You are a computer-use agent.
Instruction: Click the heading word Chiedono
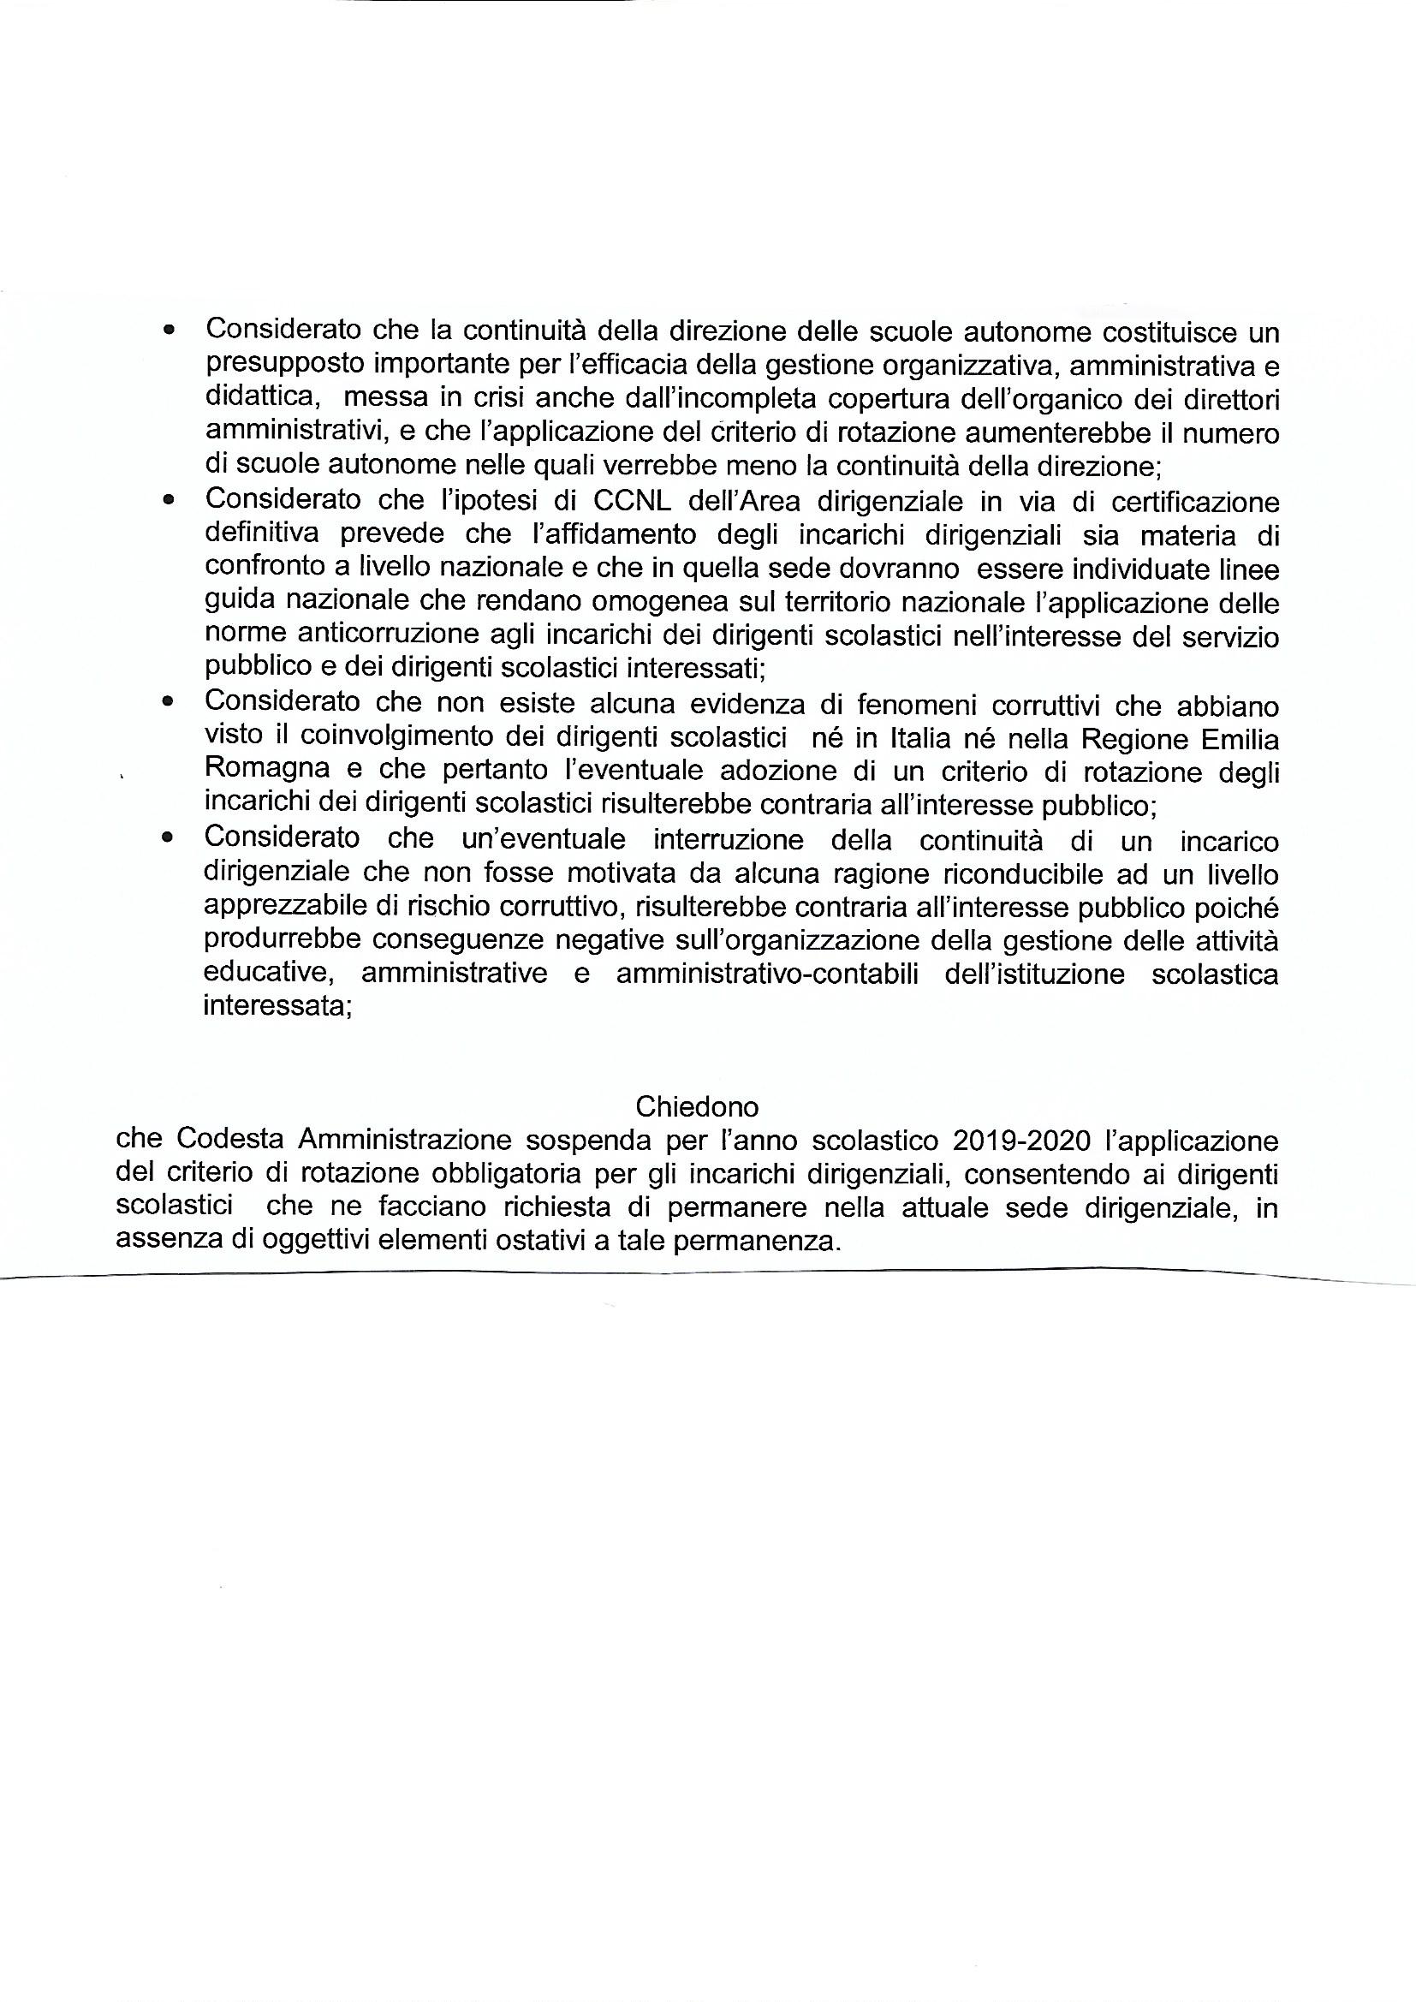click(697, 1106)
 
